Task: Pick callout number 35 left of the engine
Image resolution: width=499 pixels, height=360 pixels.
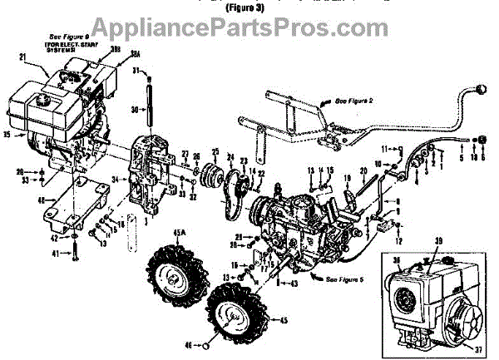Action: pyautogui.click(x=8, y=132)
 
